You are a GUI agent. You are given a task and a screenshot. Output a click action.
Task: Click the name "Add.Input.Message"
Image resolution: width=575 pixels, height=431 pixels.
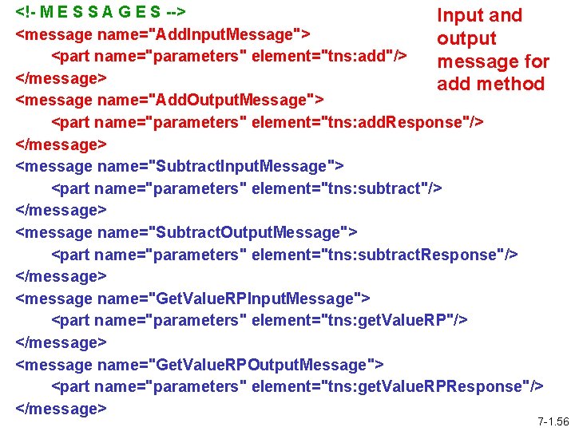tap(226, 34)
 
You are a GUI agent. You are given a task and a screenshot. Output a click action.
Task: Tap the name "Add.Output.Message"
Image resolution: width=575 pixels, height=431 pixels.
tap(233, 101)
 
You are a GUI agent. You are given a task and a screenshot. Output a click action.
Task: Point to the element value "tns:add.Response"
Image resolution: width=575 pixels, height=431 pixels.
tap(403, 123)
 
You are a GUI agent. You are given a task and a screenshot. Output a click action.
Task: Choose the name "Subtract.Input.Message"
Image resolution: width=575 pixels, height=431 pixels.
tap(244, 167)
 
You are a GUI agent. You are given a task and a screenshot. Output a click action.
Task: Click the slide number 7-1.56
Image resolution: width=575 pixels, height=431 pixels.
tap(553, 421)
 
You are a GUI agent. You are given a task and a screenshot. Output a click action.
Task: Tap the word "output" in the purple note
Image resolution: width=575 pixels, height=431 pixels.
tap(466, 38)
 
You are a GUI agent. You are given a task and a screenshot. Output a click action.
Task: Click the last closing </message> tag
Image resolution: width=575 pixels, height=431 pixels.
tap(61, 409)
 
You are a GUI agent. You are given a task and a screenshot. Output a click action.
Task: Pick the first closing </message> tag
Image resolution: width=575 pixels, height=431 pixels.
tap(61, 79)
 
